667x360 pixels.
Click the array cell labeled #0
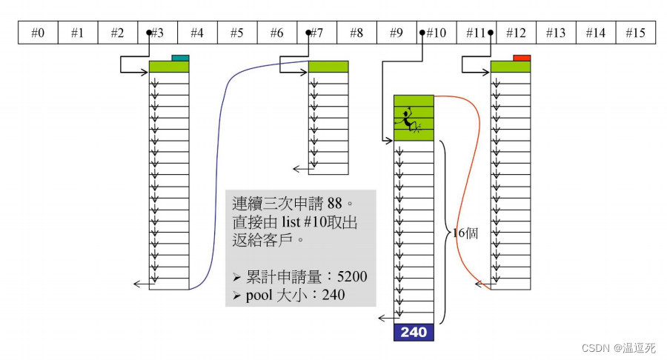(38, 33)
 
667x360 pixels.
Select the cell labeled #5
(236, 33)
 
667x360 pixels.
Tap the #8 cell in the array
(356, 33)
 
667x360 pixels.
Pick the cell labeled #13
(555, 33)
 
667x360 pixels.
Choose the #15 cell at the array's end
(635, 33)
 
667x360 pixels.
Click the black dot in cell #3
(150, 33)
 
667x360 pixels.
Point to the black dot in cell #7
(308, 33)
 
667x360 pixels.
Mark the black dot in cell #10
(422, 33)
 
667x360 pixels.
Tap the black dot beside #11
(491, 33)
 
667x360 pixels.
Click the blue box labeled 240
(414, 333)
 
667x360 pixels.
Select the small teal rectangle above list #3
(180, 58)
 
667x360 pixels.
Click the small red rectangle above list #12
(522, 58)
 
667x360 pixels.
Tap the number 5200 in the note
(352, 277)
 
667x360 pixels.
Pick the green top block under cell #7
(328, 67)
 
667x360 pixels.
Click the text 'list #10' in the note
(318, 221)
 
